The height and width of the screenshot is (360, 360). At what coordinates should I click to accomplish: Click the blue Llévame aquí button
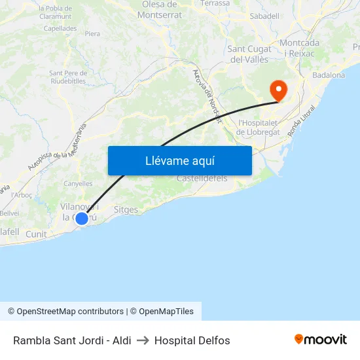(179, 160)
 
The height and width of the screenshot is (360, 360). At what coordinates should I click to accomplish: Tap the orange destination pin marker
(278, 90)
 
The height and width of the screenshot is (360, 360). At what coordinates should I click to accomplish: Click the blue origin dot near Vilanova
(82, 219)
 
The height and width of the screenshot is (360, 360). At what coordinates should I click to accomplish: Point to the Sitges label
(126, 210)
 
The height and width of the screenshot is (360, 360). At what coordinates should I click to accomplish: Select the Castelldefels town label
(202, 178)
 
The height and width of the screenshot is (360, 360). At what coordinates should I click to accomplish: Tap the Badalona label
(329, 75)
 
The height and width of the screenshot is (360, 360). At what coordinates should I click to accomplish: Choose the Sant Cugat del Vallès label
(248, 54)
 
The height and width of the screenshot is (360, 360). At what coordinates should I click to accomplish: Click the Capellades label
(60, 29)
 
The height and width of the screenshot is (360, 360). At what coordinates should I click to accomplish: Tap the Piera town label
(92, 33)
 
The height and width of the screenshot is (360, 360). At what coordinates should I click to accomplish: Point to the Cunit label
(36, 234)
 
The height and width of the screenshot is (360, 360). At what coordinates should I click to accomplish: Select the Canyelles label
(78, 184)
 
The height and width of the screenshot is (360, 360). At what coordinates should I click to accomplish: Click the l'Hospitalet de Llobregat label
(259, 127)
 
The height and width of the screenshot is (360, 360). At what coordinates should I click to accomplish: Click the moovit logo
(321, 340)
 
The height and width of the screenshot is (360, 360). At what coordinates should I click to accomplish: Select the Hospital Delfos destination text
(192, 340)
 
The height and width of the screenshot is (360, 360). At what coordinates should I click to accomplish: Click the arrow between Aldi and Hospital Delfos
(143, 340)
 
